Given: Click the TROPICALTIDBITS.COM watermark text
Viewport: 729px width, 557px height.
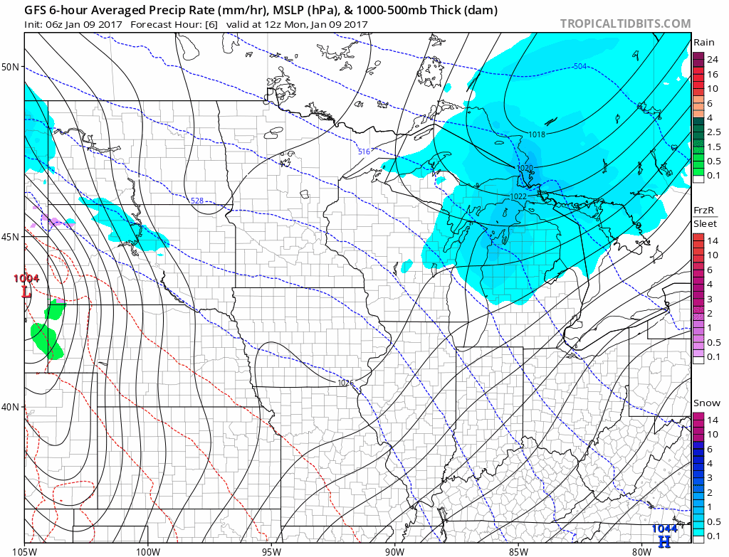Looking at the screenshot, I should [625, 23].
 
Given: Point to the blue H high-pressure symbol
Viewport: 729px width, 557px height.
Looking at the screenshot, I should [664, 541].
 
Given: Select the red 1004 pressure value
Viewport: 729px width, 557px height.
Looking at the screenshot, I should [26, 279].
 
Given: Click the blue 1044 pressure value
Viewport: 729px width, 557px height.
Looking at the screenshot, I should [664, 529].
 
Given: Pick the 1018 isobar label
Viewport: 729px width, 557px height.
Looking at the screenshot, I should [537, 134].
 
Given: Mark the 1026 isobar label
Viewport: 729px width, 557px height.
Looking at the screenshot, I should [346, 383].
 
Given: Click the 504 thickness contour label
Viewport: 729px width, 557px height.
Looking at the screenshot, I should [579, 67].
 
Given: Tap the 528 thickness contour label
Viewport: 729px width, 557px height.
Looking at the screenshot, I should [197, 201].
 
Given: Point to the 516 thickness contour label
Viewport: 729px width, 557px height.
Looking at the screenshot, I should [364, 152].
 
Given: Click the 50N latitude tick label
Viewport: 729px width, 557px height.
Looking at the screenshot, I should [10, 67].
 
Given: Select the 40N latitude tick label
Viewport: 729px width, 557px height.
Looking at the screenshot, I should [10, 407].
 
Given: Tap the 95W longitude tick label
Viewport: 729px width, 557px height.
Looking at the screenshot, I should [271, 550].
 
